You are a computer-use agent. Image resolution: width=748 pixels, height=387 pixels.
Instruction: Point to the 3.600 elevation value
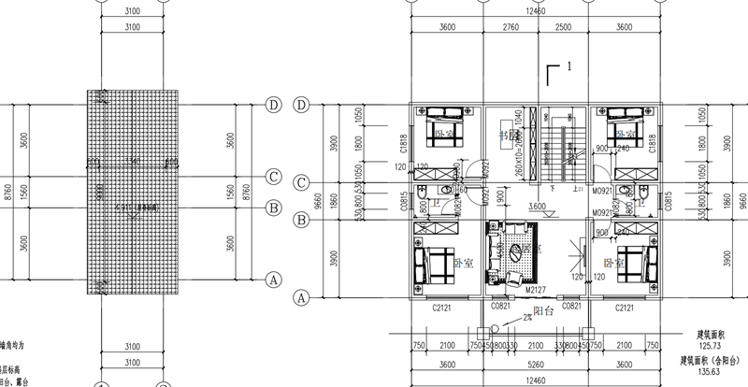537,207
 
